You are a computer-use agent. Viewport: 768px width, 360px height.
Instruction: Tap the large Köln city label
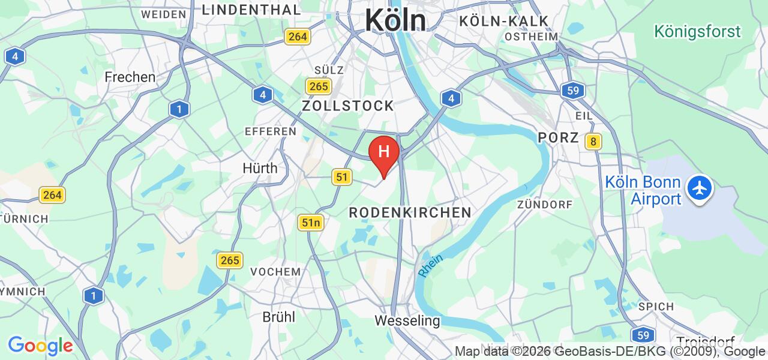tap(395, 20)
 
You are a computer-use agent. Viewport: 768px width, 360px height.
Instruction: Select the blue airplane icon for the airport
tap(699, 188)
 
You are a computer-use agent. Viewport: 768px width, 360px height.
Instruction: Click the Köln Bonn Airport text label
tap(643, 190)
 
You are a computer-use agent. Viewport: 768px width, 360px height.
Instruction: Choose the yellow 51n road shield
tap(311, 223)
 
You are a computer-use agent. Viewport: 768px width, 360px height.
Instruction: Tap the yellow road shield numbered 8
tap(593, 142)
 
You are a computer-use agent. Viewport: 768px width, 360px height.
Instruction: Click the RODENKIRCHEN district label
tap(410, 212)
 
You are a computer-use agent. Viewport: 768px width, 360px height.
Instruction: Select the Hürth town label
tap(260, 168)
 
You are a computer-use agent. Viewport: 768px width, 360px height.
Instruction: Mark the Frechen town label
tap(130, 77)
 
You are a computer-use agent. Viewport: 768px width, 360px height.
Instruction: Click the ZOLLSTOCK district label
tap(348, 106)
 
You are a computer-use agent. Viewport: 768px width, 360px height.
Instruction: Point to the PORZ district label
tap(558, 137)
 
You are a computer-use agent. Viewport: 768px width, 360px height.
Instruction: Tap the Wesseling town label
tap(407, 320)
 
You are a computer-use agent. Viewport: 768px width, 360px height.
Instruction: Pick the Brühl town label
tap(279, 317)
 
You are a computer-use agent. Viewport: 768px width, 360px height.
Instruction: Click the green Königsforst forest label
tap(697, 31)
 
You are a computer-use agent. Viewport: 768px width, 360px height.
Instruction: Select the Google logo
tap(40, 346)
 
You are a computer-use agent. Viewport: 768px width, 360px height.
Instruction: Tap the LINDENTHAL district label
tap(251, 10)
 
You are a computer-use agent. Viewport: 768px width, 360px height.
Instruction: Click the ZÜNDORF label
tap(545, 205)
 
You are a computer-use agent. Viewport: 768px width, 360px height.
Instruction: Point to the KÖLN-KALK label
tap(504, 22)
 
